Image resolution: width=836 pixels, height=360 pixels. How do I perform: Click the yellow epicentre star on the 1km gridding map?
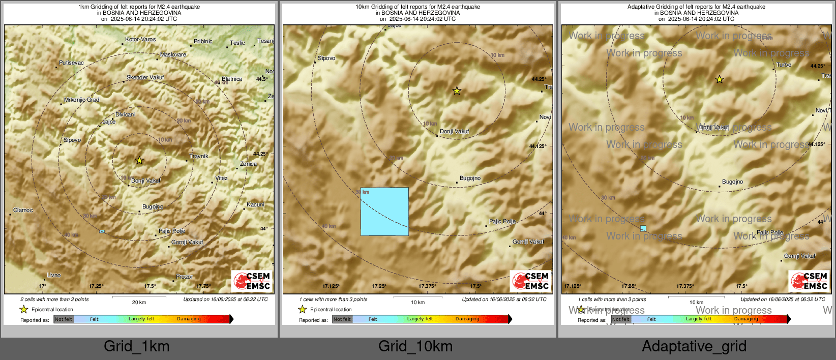click(139, 161)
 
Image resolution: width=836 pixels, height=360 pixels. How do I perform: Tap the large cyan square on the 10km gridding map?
click(384, 212)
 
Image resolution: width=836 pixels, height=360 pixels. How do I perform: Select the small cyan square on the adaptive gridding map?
click(643, 228)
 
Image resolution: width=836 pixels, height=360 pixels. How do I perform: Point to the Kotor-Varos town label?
click(140, 39)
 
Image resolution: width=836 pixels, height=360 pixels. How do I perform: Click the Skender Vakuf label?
click(145, 77)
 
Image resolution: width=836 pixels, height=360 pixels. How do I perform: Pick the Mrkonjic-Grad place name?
click(82, 100)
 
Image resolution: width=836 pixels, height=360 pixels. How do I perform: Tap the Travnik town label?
click(199, 156)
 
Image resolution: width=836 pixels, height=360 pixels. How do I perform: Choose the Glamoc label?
click(23, 210)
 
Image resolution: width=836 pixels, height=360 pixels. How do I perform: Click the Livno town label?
click(54, 275)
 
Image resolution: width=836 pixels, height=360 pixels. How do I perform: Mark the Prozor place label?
click(185, 277)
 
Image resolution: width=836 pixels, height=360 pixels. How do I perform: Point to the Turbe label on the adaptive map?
click(784, 65)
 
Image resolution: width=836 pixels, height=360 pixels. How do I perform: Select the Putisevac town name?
click(71, 63)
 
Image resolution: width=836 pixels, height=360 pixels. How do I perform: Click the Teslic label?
click(237, 43)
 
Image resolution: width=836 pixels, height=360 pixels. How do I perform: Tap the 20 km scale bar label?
click(139, 302)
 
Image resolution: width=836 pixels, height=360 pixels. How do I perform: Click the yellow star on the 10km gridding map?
click(457, 91)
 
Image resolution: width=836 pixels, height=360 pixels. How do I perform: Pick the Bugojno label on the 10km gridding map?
click(470, 178)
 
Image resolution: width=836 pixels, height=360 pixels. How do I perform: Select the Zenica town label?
click(249, 164)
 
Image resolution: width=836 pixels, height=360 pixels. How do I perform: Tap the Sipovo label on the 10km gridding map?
click(326, 58)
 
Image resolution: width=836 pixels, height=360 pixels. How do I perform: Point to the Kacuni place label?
click(255, 204)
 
